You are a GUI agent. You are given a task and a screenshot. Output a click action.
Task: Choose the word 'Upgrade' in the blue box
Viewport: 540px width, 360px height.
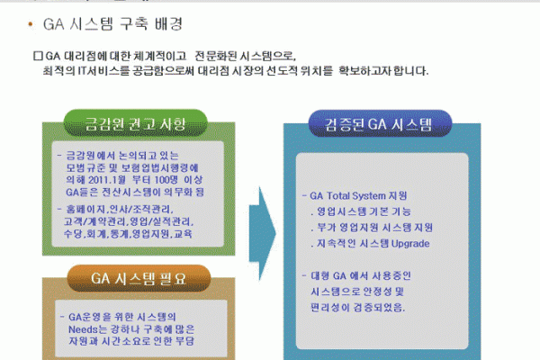[x=408, y=244]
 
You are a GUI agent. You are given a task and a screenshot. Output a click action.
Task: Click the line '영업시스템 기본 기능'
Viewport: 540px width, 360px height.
[x=361, y=211]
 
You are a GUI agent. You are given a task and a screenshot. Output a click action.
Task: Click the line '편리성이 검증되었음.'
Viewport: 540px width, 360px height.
[x=357, y=308]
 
